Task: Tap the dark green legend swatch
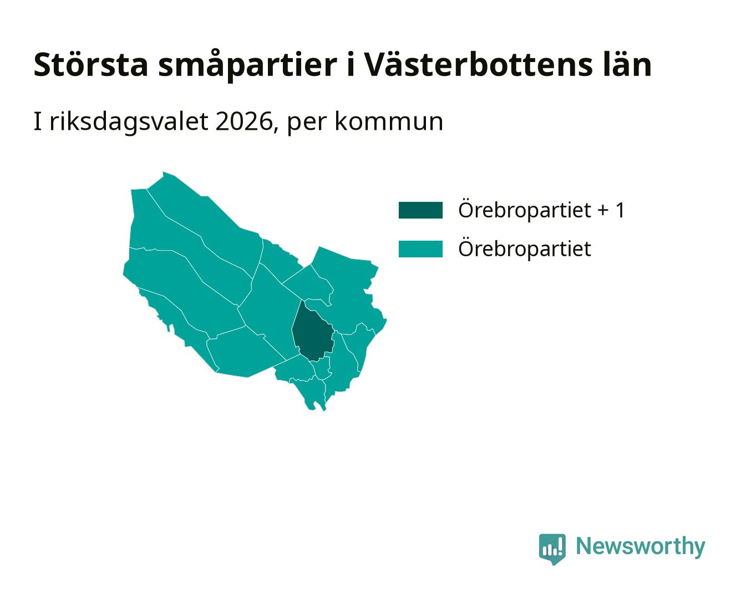click(420, 210)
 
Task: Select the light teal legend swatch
click(420, 249)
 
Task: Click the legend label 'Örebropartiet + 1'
click(541, 210)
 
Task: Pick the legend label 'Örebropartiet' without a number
click(525, 248)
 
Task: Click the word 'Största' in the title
click(91, 65)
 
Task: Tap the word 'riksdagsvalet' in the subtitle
click(129, 122)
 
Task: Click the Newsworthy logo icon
click(552, 549)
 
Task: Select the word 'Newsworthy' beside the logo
click(641, 546)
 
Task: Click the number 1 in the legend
click(619, 210)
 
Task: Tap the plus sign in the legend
click(603, 211)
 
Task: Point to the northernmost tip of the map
click(163, 172)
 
